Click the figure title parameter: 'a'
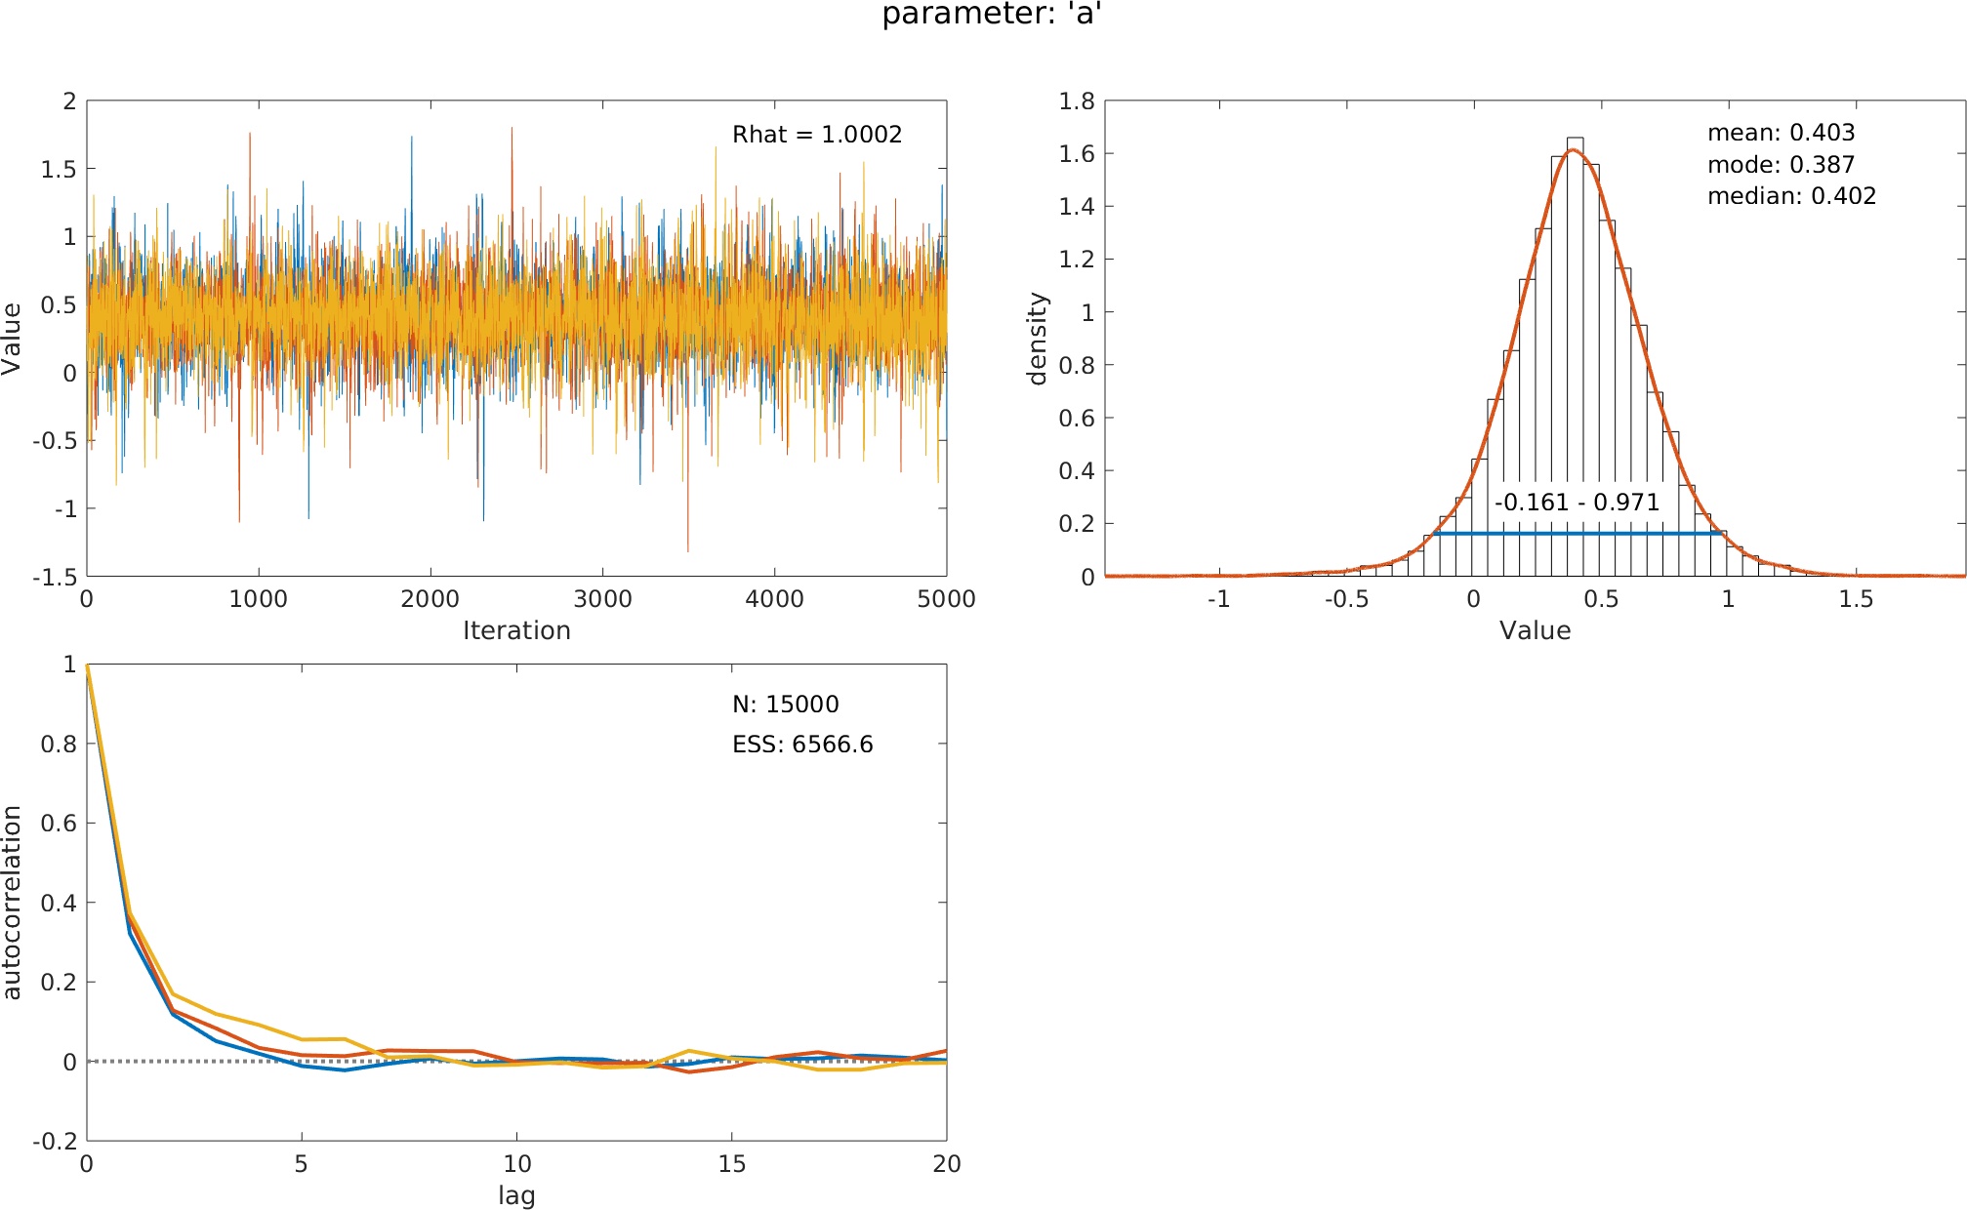pos(992,15)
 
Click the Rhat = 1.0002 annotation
pos(817,135)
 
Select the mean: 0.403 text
pos(1781,133)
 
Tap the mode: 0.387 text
pos(1781,165)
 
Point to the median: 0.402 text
pos(1791,196)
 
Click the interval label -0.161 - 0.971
pos(1577,503)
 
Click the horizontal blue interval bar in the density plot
pos(1577,533)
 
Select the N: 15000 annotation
pos(785,705)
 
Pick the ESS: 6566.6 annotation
pos(802,745)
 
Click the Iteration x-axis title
pos(516,630)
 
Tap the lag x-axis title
pos(516,1195)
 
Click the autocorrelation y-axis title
pos(12,902)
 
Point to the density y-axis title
pos(1038,339)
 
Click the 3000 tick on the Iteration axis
pos(602,599)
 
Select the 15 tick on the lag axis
pos(731,1164)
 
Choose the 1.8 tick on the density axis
pos(1077,101)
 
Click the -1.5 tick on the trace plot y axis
pos(55,577)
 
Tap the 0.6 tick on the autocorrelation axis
pos(58,824)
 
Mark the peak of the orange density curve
pos(1572,149)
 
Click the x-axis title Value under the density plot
pos(1535,630)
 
